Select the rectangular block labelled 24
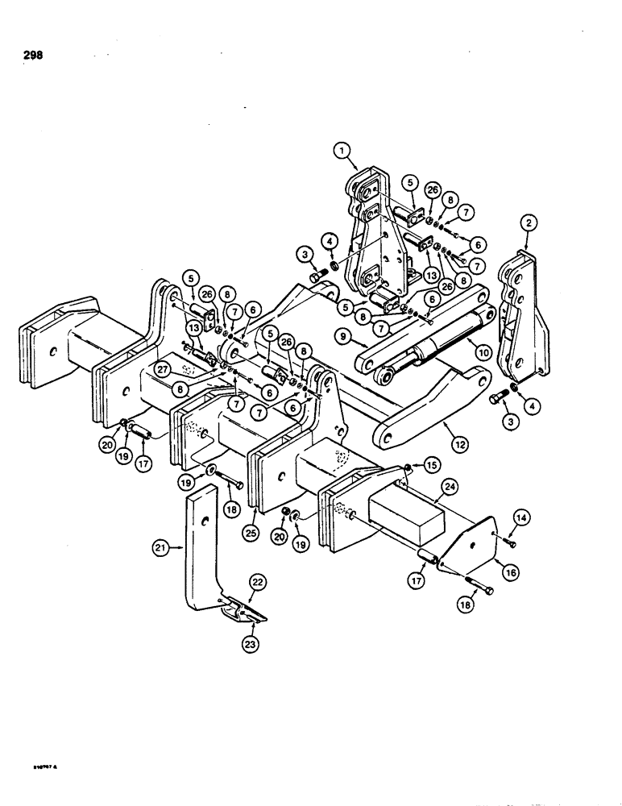tap(403, 516)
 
